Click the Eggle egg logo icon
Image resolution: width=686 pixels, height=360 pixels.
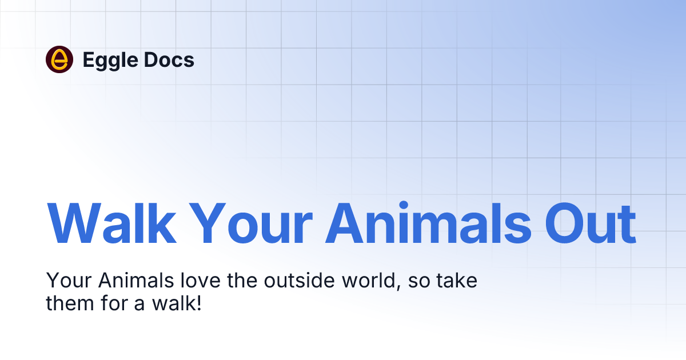[x=59, y=59]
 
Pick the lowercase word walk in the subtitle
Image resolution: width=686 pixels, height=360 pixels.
[x=171, y=303]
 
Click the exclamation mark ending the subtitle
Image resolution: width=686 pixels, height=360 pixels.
[x=198, y=303]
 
